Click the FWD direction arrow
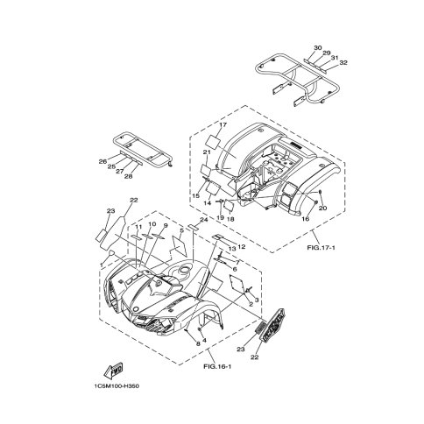pos(113,370)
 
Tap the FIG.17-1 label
pos(321,248)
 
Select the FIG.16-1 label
pos(217,366)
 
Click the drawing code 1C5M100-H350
pos(117,386)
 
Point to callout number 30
pos(318,47)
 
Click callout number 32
pos(343,62)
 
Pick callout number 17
pos(223,124)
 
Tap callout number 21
pos(207,152)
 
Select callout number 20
pos(322,208)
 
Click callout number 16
pos(306,219)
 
